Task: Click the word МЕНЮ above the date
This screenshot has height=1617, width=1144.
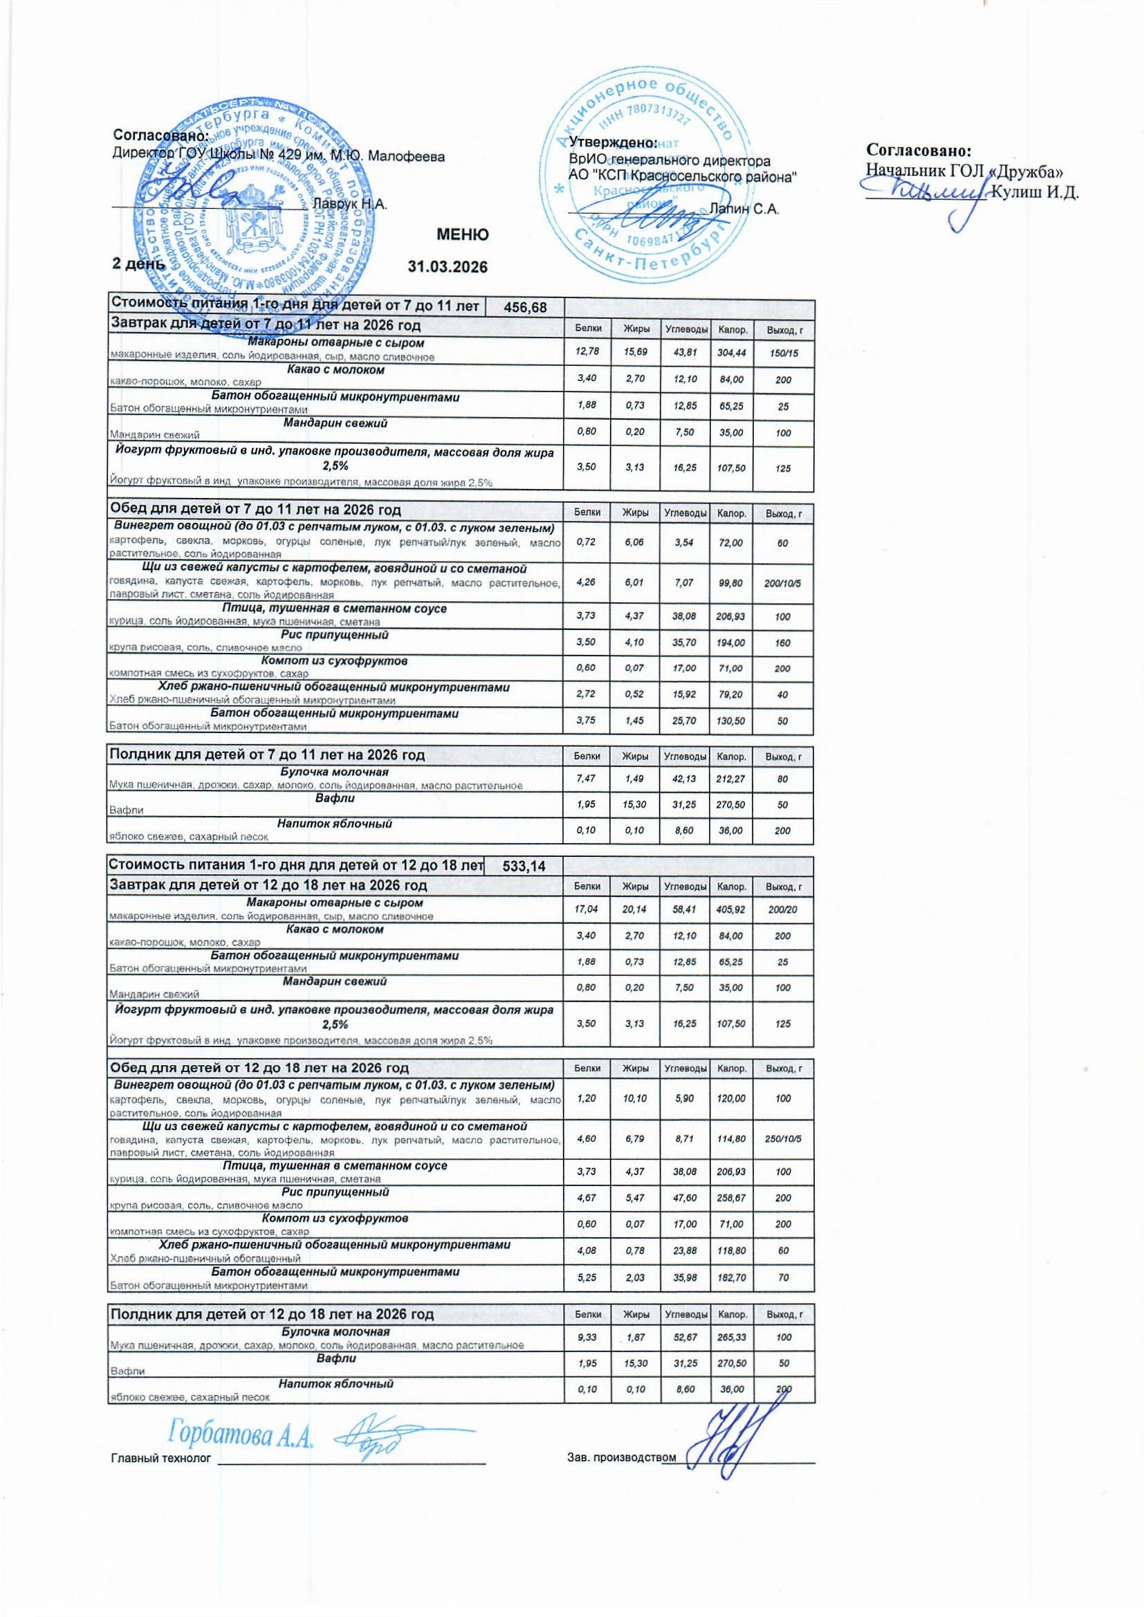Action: [463, 234]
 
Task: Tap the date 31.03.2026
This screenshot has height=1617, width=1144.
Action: [448, 267]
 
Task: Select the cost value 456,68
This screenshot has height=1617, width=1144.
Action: [526, 308]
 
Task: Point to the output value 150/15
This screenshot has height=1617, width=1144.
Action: [783, 353]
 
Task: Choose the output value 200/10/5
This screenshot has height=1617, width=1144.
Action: [783, 584]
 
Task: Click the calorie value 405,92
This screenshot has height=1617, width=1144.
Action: [731, 910]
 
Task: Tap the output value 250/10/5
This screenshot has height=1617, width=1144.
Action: [783, 1140]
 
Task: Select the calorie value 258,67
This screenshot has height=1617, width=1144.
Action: [731, 1198]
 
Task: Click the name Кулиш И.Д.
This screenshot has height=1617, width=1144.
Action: [1035, 193]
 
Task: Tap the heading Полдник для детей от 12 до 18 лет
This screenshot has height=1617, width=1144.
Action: [270, 1314]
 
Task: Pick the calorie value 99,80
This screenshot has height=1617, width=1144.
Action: [731, 584]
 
